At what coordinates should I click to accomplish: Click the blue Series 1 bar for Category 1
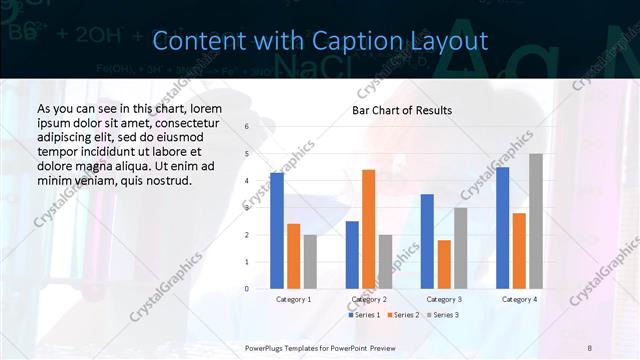pyautogui.click(x=277, y=231)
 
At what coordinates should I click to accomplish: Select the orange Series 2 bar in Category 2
pyautogui.click(x=368, y=229)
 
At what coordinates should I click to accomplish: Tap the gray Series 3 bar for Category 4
pyautogui.click(x=536, y=221)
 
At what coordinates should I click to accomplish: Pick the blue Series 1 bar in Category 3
pyautogui.click(x=427, y=241)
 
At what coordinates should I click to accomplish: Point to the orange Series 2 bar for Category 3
pyautogui.click(x=444, y=264)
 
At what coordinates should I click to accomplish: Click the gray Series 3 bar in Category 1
pyautogui.click(x=310, y=261)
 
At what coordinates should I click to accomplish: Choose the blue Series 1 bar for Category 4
pyautogui.click(x=502, y=228)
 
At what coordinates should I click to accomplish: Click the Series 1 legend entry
pyautogui.click(x=366, y=315)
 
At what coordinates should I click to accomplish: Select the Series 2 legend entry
pyautogui.click(x=403, y=315)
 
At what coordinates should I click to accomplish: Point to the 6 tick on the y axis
pyautogui.click(x=246, y=127)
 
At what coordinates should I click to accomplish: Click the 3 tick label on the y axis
pyautogui.click(x=246, y=208)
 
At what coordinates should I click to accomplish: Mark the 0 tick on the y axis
pyautogui.click(x=246, y=289)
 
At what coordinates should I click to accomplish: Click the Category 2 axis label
pyautogui.click(x=369, y=299)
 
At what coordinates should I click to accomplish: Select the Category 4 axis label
pyautogui.click(x=519, y=299)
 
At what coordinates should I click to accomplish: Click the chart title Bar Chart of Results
pyautogui.click(x=402, y=110)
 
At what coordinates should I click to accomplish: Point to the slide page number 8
pyautogui.click(x=589, y=346)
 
